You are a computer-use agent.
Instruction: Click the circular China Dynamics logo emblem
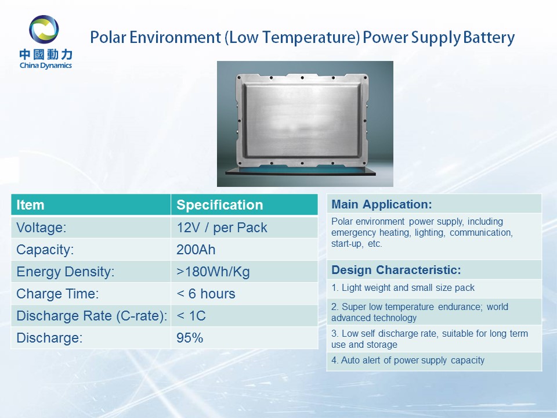click(x=44, y=29)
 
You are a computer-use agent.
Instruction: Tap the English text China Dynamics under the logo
click(x=46, y=66)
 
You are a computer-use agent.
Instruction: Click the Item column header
click(x=30, y=205)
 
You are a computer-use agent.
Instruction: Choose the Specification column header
click(x=219, y=205)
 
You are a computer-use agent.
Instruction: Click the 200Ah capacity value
click(x=196, y=250)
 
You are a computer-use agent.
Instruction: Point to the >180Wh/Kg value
click(x=213, y=272)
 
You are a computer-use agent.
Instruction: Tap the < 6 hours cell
click(x=205, y=294)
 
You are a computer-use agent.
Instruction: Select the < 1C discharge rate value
click(x=191, y=316)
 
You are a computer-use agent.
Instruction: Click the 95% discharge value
click(x=190, y=338)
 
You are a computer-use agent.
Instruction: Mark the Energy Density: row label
click(x=66, y=272)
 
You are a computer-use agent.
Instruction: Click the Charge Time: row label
click(x=57, y=294)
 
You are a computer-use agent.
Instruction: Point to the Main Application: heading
click(x=382, y=204)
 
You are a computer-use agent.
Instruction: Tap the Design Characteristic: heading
click(x=396, y=270)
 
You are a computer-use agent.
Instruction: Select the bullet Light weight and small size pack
click(x=403, y=287)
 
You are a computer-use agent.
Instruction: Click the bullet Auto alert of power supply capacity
click(x=408, y=360)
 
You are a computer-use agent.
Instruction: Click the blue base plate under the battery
click(x=301, y=170)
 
